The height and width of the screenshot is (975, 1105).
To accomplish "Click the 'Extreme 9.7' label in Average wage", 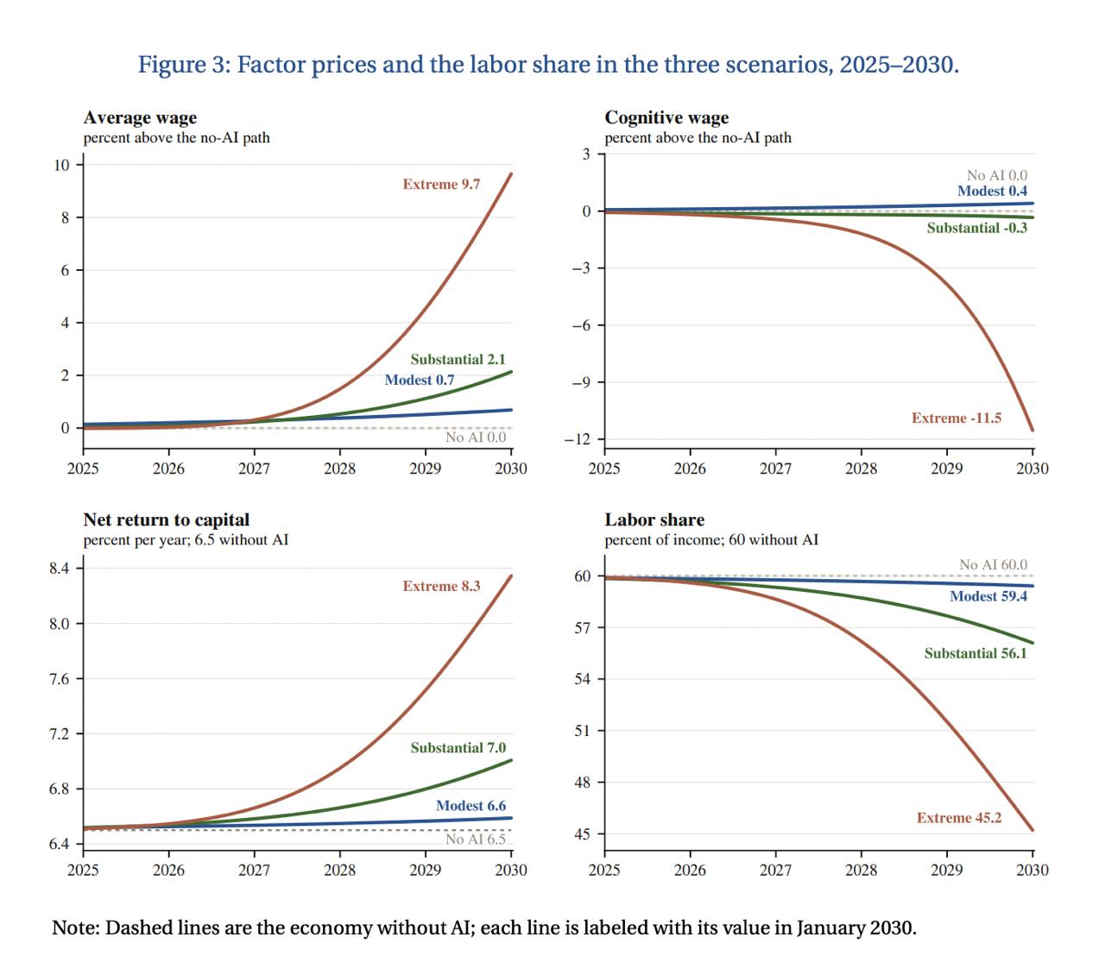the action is point(441,185).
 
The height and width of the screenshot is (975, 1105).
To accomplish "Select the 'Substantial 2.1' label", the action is point(458,359).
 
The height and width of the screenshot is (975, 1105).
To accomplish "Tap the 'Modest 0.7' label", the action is point(420,380).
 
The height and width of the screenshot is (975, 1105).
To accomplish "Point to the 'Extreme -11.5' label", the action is point(957,418).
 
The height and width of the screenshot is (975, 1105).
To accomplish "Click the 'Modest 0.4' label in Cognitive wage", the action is point(992,191).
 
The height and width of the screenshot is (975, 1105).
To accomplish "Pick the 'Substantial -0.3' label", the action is point(977,228).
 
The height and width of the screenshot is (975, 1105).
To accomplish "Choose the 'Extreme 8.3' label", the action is point(441,586).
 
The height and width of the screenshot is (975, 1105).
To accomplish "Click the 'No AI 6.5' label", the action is point(476,839).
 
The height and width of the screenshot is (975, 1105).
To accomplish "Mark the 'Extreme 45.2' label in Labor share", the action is point(959,817).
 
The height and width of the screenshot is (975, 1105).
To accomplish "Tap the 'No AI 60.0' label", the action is point(993,564).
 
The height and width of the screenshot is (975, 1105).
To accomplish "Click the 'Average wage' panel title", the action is point(140,118).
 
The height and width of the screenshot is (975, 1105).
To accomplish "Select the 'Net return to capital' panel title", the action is point(167,519).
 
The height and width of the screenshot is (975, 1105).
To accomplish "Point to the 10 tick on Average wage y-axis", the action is point(61,165).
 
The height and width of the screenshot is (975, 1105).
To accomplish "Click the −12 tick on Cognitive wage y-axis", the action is point(578,439).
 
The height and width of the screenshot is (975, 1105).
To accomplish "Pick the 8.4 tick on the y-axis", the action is point(60,569).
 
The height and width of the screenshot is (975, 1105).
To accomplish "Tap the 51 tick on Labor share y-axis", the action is point(583,731).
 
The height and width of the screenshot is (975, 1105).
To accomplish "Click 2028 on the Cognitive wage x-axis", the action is point(862,469).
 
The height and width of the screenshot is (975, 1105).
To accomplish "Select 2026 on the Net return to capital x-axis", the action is point(168,870).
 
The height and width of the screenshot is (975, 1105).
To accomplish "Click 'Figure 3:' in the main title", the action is point(185,65).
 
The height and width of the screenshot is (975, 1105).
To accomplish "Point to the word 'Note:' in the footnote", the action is point(76,928).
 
